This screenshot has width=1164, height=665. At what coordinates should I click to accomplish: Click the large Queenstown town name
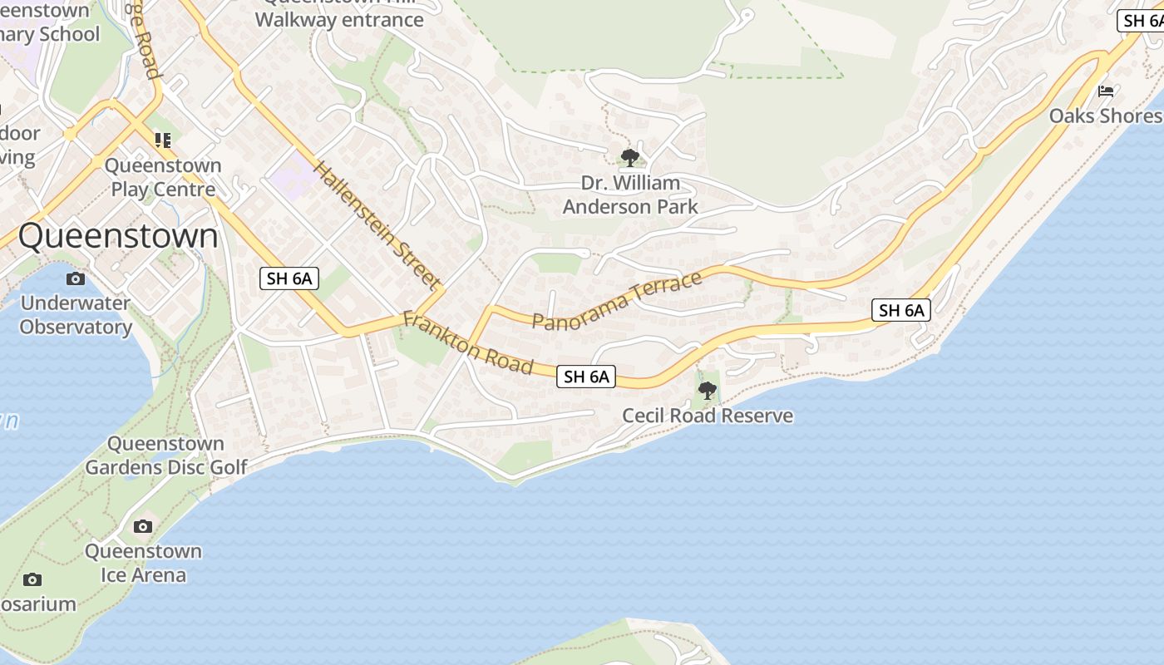point(118,236)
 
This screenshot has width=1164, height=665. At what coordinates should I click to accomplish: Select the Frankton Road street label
point(467,342)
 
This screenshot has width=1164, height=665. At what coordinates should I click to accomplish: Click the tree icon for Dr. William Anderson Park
point(630,156)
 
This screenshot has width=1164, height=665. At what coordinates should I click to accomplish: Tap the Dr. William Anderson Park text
point(630,195)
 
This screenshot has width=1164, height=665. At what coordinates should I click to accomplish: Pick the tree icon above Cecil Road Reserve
point(708,390)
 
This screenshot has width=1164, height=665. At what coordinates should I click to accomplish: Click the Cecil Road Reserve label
point(708,416)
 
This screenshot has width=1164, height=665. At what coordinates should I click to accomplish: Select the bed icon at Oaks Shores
point(1106,91)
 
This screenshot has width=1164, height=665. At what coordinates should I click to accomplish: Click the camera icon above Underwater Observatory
point(76,278)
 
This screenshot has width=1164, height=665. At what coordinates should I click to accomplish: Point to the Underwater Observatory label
point(76,314)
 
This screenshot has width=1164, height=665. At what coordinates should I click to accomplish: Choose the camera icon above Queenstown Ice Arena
point(143,526)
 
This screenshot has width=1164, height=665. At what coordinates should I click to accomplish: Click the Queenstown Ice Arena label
point(143,563)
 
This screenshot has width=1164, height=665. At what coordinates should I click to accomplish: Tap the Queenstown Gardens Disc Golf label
point(166,456)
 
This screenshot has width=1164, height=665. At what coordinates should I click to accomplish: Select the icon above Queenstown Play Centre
point(163,140)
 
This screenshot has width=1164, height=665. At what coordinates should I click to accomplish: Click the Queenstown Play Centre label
point(163,177)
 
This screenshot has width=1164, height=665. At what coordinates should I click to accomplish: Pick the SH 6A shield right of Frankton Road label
point(586,377)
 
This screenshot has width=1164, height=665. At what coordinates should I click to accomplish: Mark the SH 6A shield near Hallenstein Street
point(289,278)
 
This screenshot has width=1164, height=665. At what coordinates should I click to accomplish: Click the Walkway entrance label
point(339,20)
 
